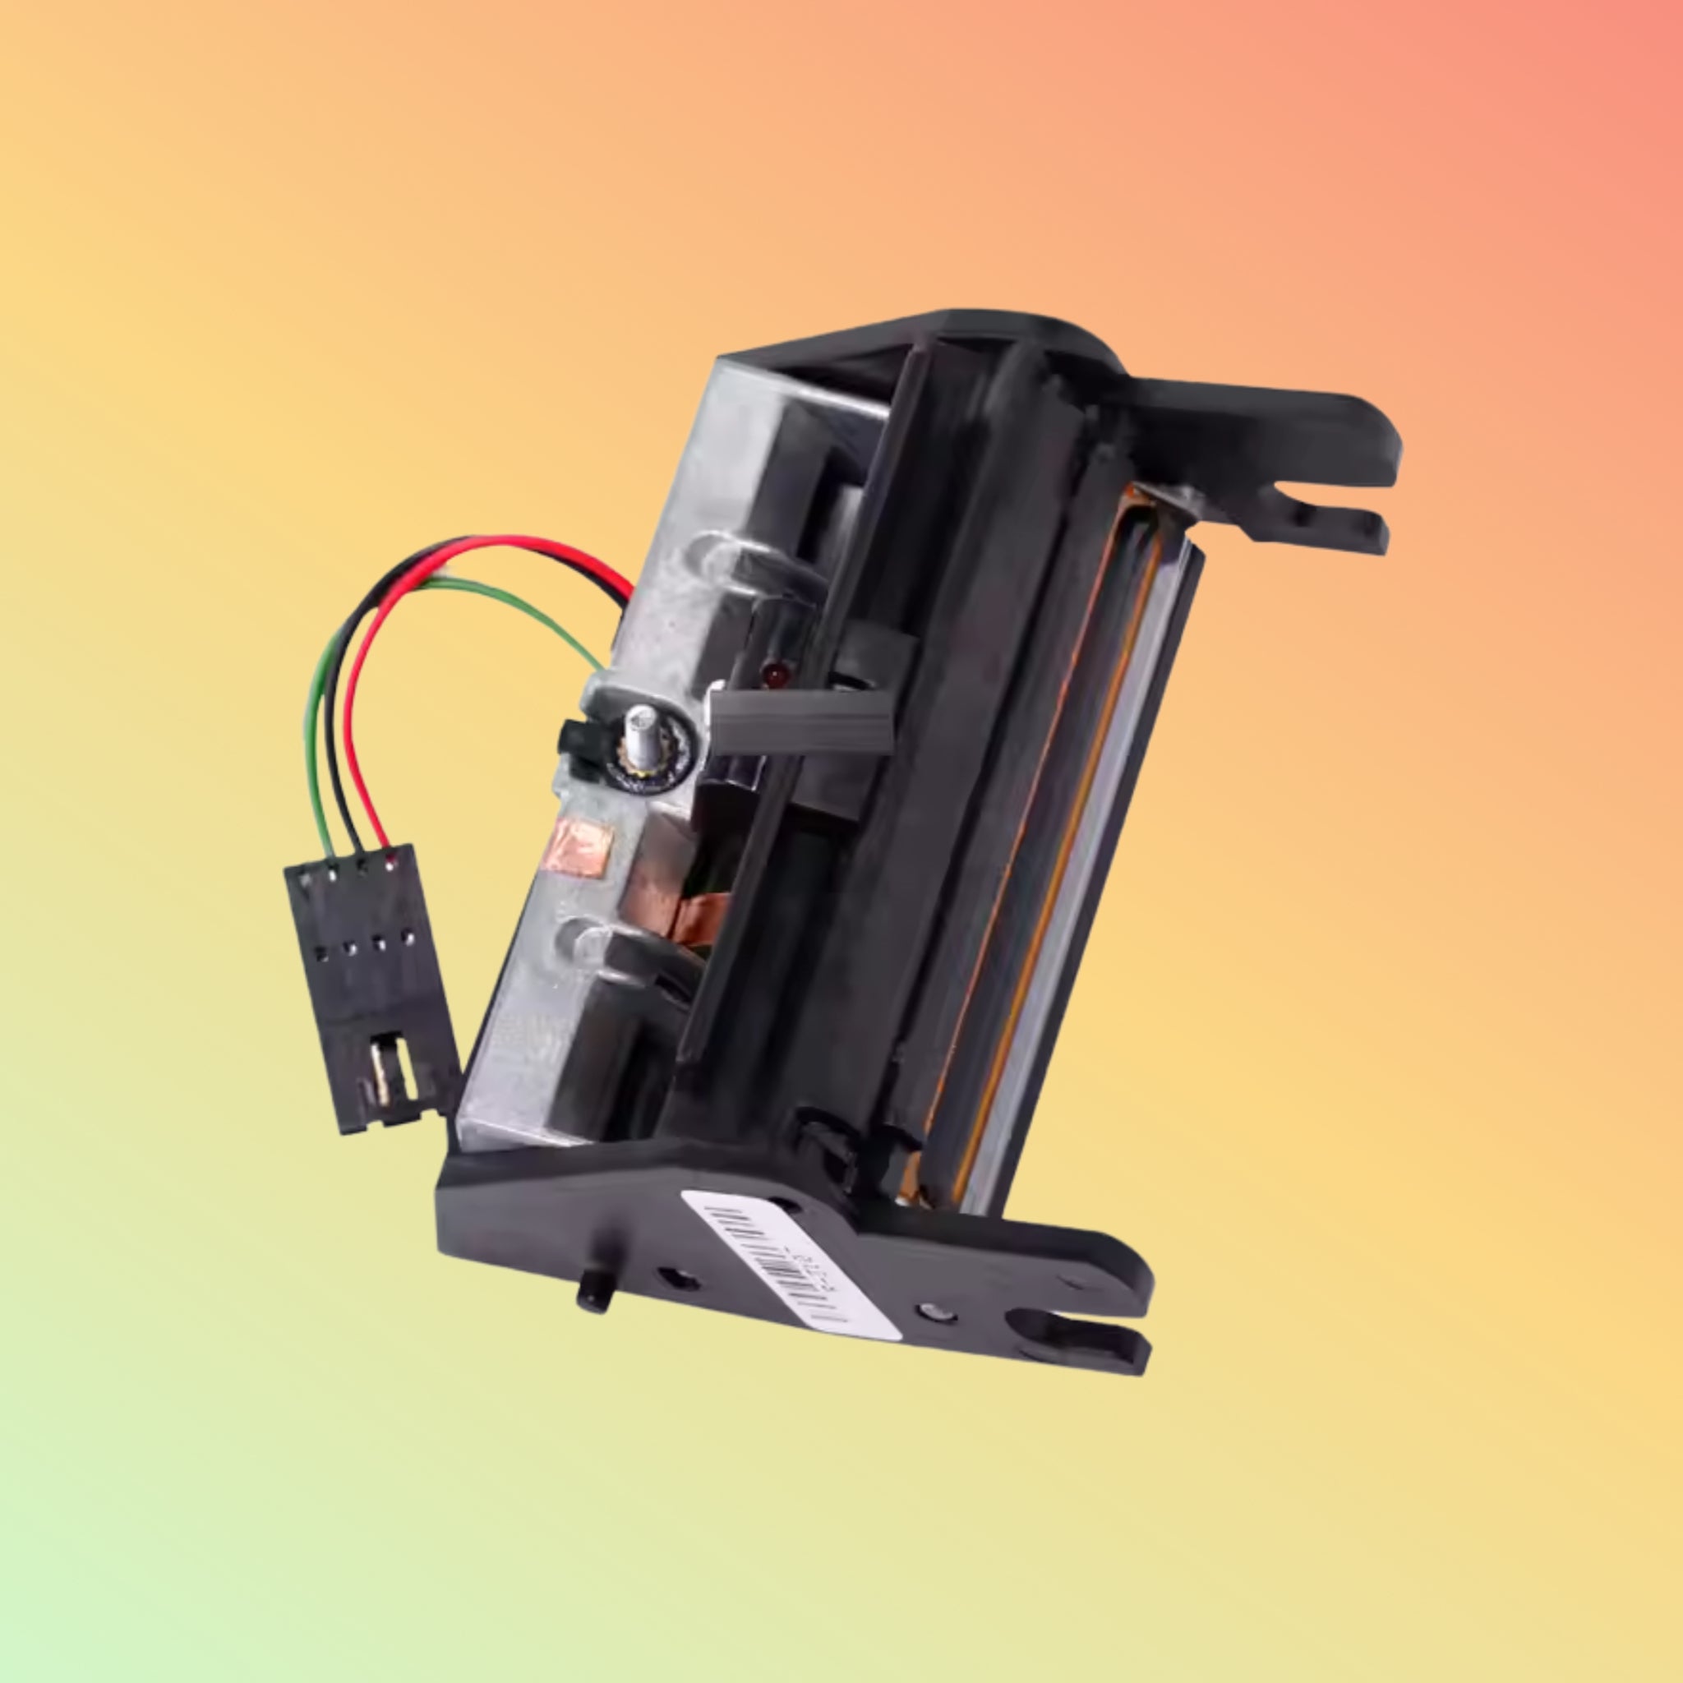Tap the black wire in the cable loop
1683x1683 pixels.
[x=334, y=697]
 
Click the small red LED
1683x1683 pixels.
[x=772, y=672]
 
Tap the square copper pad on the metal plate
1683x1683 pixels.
[x=586, y=844]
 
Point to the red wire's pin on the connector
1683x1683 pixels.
[x=390, y=862]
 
